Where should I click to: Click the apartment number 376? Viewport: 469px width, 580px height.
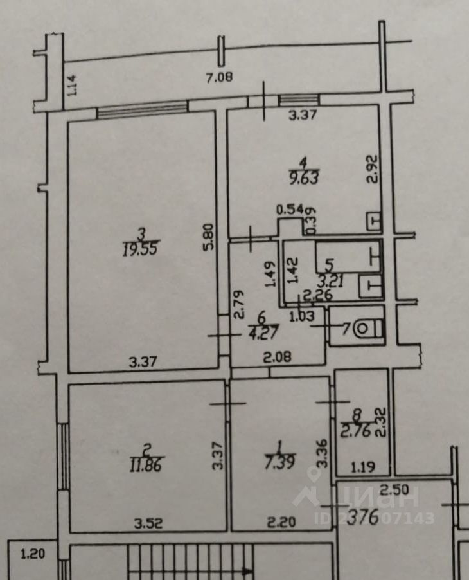click(x=362, y=516)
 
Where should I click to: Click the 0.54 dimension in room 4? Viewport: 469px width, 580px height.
click(x=289, y=209)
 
